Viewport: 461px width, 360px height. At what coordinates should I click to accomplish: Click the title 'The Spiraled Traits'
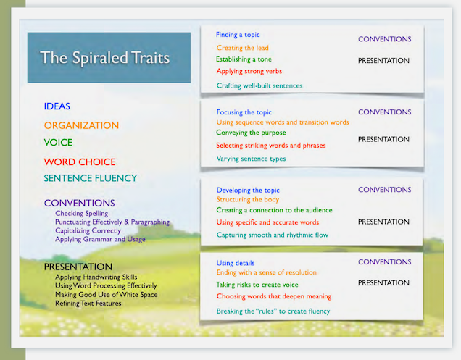tap(104, 58)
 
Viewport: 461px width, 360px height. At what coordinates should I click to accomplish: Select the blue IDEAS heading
tap(57, 106)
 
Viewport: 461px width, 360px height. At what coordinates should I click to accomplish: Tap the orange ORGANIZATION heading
tap(81, 125)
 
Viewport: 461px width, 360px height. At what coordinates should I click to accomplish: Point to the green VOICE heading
tap(58, 143)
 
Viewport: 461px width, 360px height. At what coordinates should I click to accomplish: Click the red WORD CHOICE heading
tap(80, 162)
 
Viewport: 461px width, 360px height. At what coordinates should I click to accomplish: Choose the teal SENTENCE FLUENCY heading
tap(91, 178)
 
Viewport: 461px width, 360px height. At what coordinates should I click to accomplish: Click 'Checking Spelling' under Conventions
tap(82, 214)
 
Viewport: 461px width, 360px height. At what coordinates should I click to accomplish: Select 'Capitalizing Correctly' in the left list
tap(88, 230)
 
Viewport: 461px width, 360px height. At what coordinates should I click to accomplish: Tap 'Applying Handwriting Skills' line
tap(96, 277)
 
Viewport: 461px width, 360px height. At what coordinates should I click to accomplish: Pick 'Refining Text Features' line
tap(88, 304)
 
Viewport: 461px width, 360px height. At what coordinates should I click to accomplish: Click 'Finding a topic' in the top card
tap(238, 35)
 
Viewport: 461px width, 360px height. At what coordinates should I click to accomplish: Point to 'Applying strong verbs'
tap(249, 71)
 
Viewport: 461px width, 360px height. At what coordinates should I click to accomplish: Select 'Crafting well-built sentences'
tap(259, 85)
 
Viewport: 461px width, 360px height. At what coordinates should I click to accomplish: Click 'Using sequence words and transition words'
tap(283, 122)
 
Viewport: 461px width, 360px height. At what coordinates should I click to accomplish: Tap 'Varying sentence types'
tap(251, 159)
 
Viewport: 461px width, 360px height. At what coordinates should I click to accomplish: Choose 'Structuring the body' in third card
tap(248, 199)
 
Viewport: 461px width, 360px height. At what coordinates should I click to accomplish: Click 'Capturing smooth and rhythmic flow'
tap(273, 235)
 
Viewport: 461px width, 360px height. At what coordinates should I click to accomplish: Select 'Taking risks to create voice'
tap(257, 285)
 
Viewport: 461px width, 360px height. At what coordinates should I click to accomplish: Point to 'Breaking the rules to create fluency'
tap(273, 311)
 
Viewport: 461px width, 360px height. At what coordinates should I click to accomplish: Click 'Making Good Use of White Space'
tap(107, 295)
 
